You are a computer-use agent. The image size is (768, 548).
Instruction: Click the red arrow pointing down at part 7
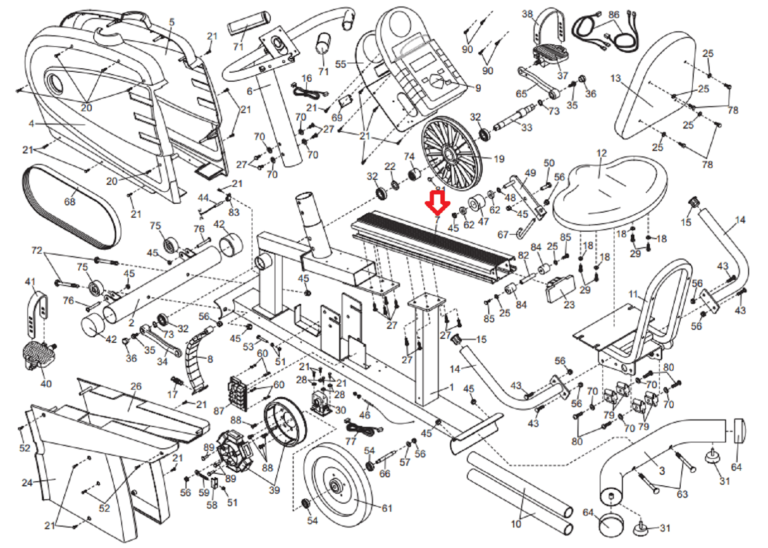[437, 204]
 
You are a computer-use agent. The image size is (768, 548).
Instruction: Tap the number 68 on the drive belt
[69, 201]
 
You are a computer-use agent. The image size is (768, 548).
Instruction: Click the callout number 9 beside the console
[478, 88]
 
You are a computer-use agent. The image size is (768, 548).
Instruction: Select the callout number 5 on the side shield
[172, 22]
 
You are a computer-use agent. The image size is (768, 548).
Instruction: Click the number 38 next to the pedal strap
[527, 14]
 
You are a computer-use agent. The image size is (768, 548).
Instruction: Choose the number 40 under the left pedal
[46, 384]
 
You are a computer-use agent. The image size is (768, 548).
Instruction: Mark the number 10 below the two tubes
[516, 524]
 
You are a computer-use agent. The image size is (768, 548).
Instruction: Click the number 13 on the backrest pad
[616, 78]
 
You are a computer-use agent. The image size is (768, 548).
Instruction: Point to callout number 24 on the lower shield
[27, 482]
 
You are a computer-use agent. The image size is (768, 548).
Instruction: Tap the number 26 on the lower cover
[136, 386]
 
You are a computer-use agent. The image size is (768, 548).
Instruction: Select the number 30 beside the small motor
[341, 410]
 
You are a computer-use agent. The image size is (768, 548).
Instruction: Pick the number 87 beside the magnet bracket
[218, 411]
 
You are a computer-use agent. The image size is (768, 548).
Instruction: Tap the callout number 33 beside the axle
[527, 128]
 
